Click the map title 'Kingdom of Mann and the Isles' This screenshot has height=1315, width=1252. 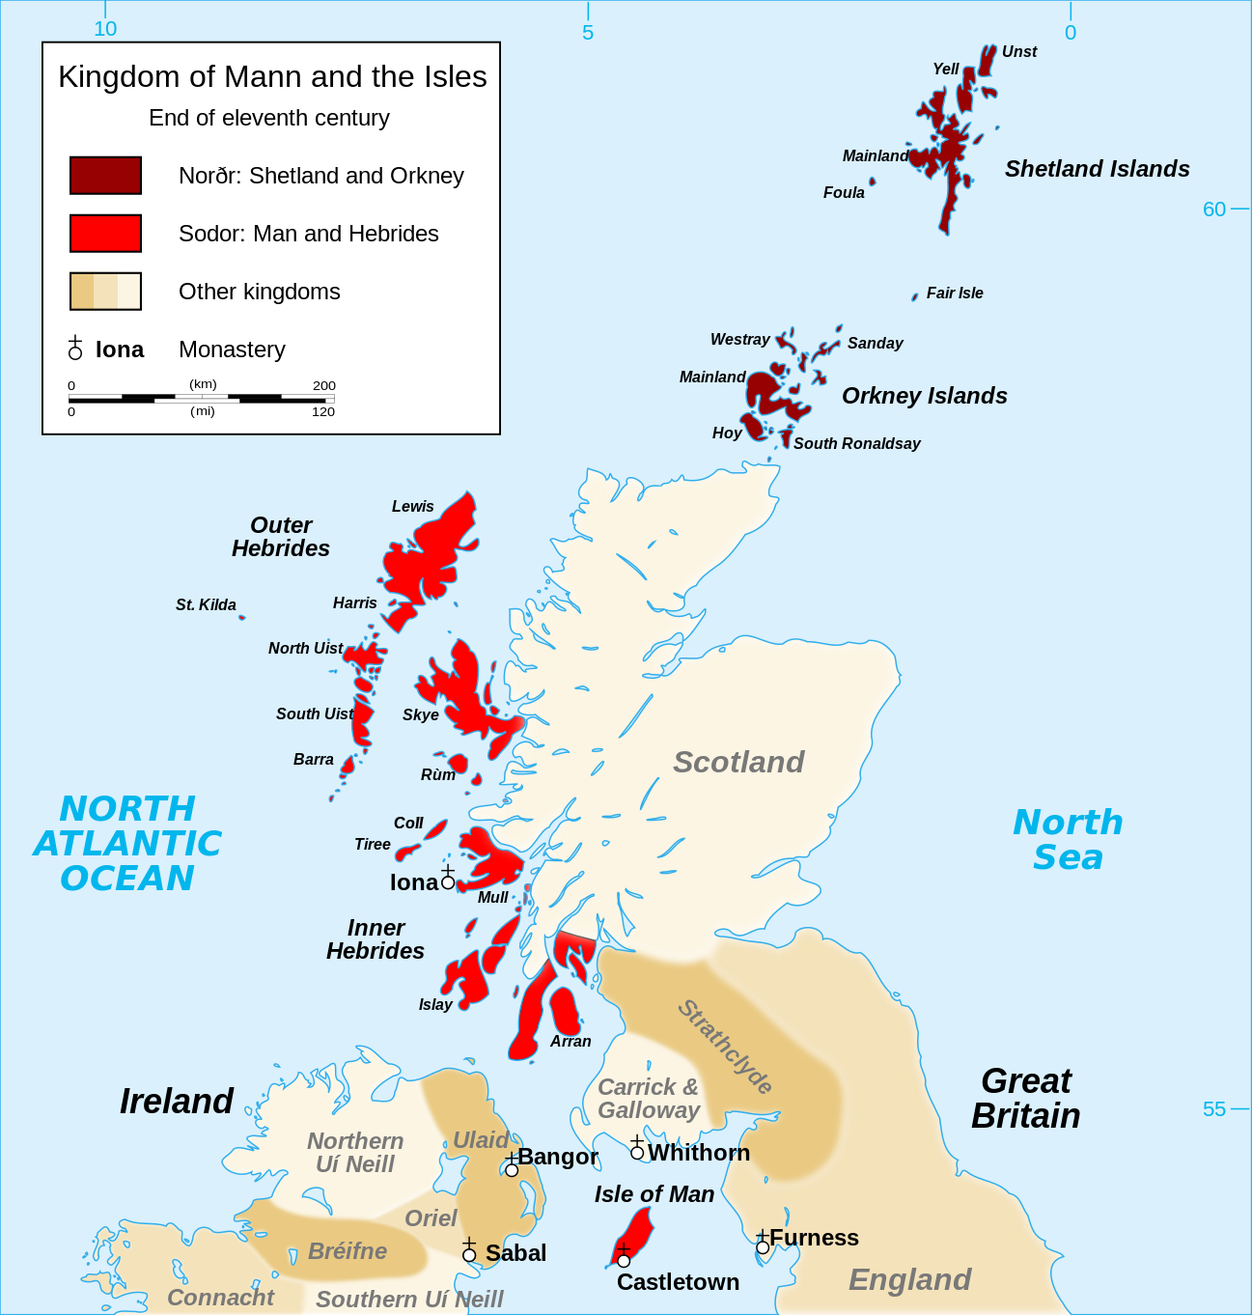[272, 77]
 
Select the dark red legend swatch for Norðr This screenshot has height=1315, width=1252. [105, 176]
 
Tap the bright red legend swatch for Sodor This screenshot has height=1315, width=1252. [105, 234]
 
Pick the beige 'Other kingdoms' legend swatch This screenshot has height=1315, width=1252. [105, 291]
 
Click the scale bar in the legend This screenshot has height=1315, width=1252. [201, 398]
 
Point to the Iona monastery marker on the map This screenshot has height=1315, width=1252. [448, 881]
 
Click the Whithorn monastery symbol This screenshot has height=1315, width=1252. [637, 1151]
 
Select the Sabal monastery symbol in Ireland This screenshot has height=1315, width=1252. [469, 1253]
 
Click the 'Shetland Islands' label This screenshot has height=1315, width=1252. [1097, 169]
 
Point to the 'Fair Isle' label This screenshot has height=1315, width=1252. [955, 294]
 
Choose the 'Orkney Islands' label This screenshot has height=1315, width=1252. [924, 396]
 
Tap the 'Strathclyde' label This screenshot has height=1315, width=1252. [725, 1047]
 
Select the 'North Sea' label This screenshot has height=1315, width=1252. [1068, 839]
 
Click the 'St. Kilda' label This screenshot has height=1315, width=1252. [206, 605]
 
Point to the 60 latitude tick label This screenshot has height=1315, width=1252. [1213, 210]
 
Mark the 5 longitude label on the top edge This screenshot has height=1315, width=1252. [588, 32]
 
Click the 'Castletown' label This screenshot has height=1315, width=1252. [678, 1282]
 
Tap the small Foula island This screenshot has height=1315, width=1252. [873, 182]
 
